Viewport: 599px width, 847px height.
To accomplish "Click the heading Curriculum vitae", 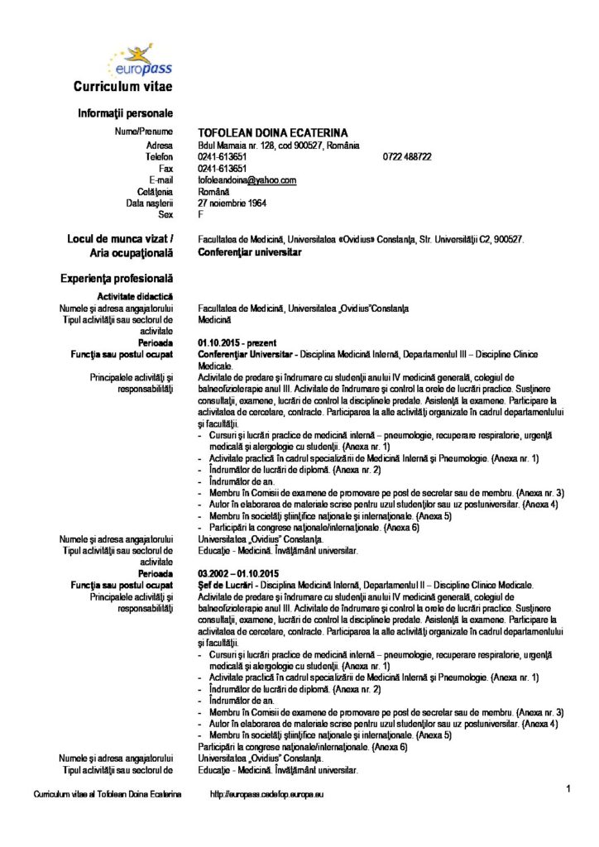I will click(122, 87).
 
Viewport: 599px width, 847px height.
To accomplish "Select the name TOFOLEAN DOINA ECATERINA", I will click(272, 132).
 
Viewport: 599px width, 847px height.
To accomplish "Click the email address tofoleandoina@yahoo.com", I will click(247, 179).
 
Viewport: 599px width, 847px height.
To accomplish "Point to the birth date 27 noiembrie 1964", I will click(232, 203).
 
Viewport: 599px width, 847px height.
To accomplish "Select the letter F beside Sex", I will click(201, 214).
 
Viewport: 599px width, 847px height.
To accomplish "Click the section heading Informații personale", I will click(126, 112).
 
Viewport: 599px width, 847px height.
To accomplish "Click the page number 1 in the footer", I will click(569, 788).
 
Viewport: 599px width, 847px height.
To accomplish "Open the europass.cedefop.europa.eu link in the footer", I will click(267, 794).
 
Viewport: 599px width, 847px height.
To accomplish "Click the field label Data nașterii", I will click(149, 203).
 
